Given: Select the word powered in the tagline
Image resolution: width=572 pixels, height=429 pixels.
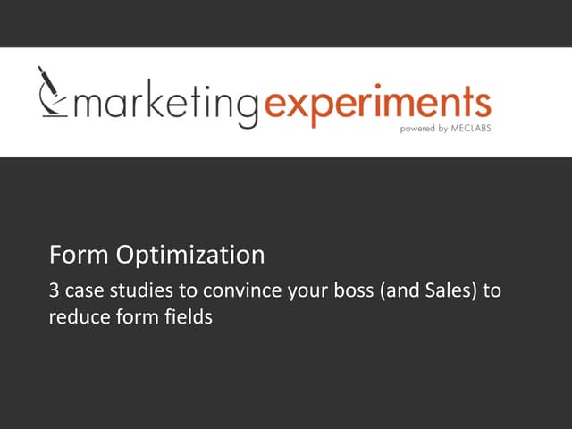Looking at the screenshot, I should [x=413, y=128].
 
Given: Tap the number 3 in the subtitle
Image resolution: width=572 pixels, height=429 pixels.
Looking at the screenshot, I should [x=53, y=290].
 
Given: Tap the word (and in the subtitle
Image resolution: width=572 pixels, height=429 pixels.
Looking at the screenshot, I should [x=397, y=290].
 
